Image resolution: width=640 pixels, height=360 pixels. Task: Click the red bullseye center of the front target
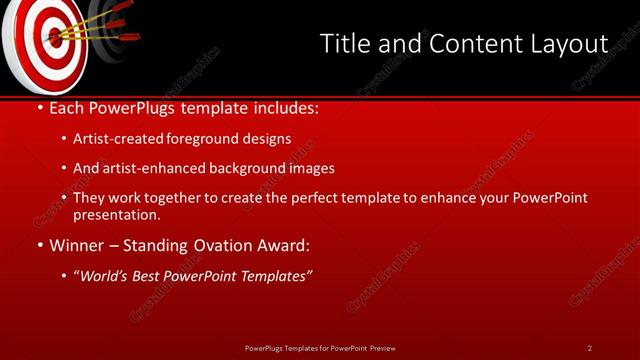pos(51,37)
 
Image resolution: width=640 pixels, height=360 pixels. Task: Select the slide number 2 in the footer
pos(590,347)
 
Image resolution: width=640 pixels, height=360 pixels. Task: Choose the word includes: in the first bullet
pos(288,107)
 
